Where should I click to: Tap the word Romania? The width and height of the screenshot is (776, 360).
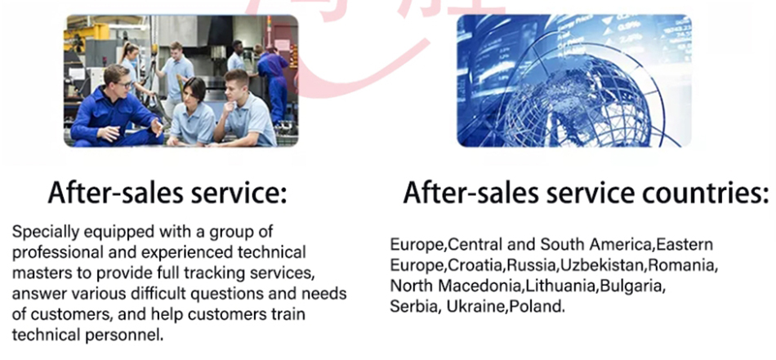[680, 265]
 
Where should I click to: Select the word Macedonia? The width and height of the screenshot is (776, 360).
[479, 287]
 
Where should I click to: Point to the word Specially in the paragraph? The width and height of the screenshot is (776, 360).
[46, 232]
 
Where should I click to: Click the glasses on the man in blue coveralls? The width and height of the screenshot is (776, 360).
[123, 85]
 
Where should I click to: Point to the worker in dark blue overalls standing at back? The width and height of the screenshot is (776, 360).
[273, 84]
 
